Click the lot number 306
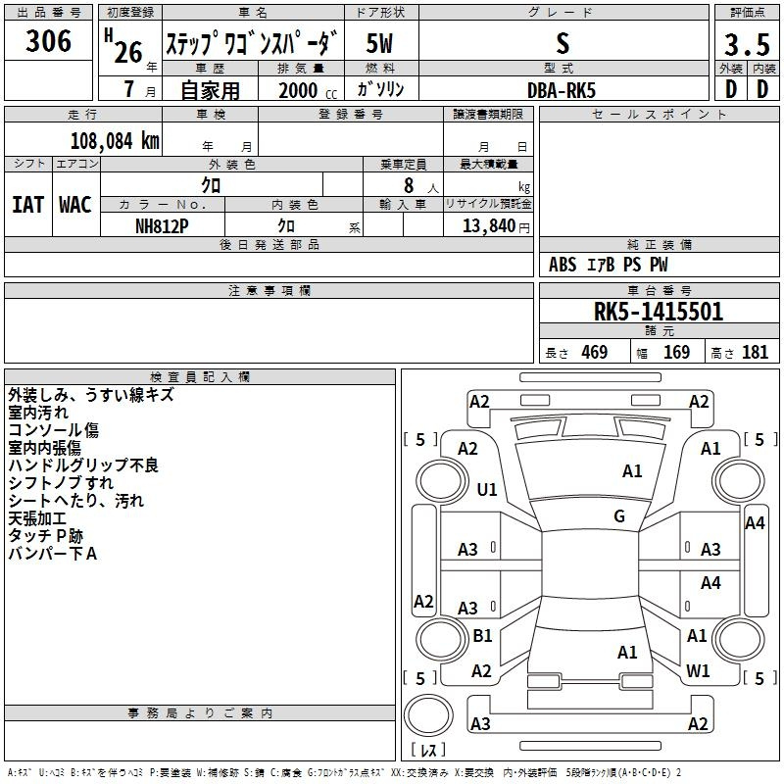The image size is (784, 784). click(48, 41)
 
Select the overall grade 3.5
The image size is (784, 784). click(747, 44)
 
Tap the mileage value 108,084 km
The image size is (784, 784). click(115, 141)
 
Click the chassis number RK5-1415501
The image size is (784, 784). click(659, 312)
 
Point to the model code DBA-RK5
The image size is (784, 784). click(562, 90)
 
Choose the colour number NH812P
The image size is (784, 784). click(162, 226)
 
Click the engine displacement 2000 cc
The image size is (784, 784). click(308, 90)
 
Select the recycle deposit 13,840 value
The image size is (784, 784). click(488, 226)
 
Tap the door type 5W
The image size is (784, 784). click(379, 43)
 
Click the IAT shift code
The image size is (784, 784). click(27, 205)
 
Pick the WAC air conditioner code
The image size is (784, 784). click(75, 205)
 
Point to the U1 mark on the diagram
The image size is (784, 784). click(486, 489)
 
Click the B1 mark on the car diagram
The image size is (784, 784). click(482, 635)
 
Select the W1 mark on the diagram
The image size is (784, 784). click(698, 670)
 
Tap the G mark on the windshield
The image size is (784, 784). click(619, 515)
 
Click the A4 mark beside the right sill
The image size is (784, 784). click(755, 523)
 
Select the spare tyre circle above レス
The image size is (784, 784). click(428, 715)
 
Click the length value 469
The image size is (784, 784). click(595, 352)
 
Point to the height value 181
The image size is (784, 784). click(755, 352)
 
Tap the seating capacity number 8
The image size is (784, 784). click(409, 185)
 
